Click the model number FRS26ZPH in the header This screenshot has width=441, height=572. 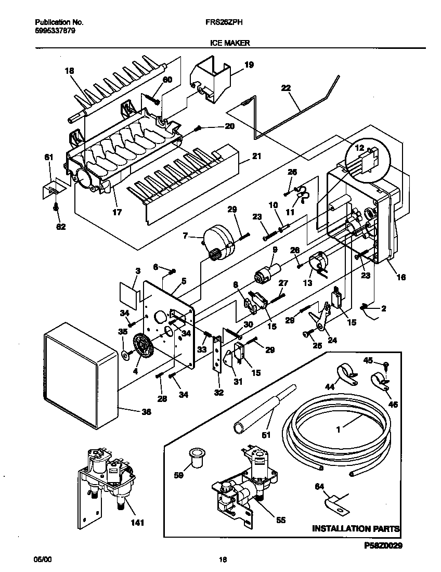(224, 22)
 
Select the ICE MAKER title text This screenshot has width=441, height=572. (227, 44)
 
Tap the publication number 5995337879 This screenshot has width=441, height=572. (56, 31)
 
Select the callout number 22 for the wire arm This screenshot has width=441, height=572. (284, 88)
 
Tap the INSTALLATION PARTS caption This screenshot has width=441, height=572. (356, 529)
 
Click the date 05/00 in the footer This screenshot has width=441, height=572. (41, 560)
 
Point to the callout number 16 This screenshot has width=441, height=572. (400, 278)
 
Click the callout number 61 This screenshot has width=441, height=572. (48, 157)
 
